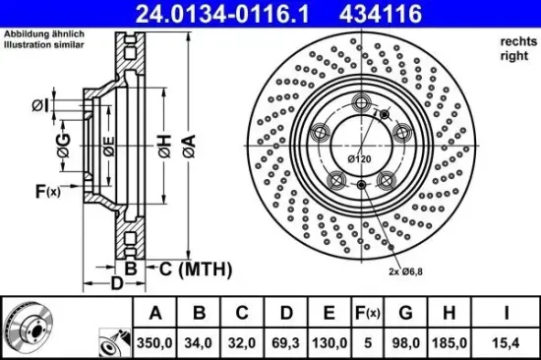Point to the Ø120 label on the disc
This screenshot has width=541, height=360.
click(x=359, y=158)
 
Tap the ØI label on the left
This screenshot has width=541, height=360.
click(x=38, y=105)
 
